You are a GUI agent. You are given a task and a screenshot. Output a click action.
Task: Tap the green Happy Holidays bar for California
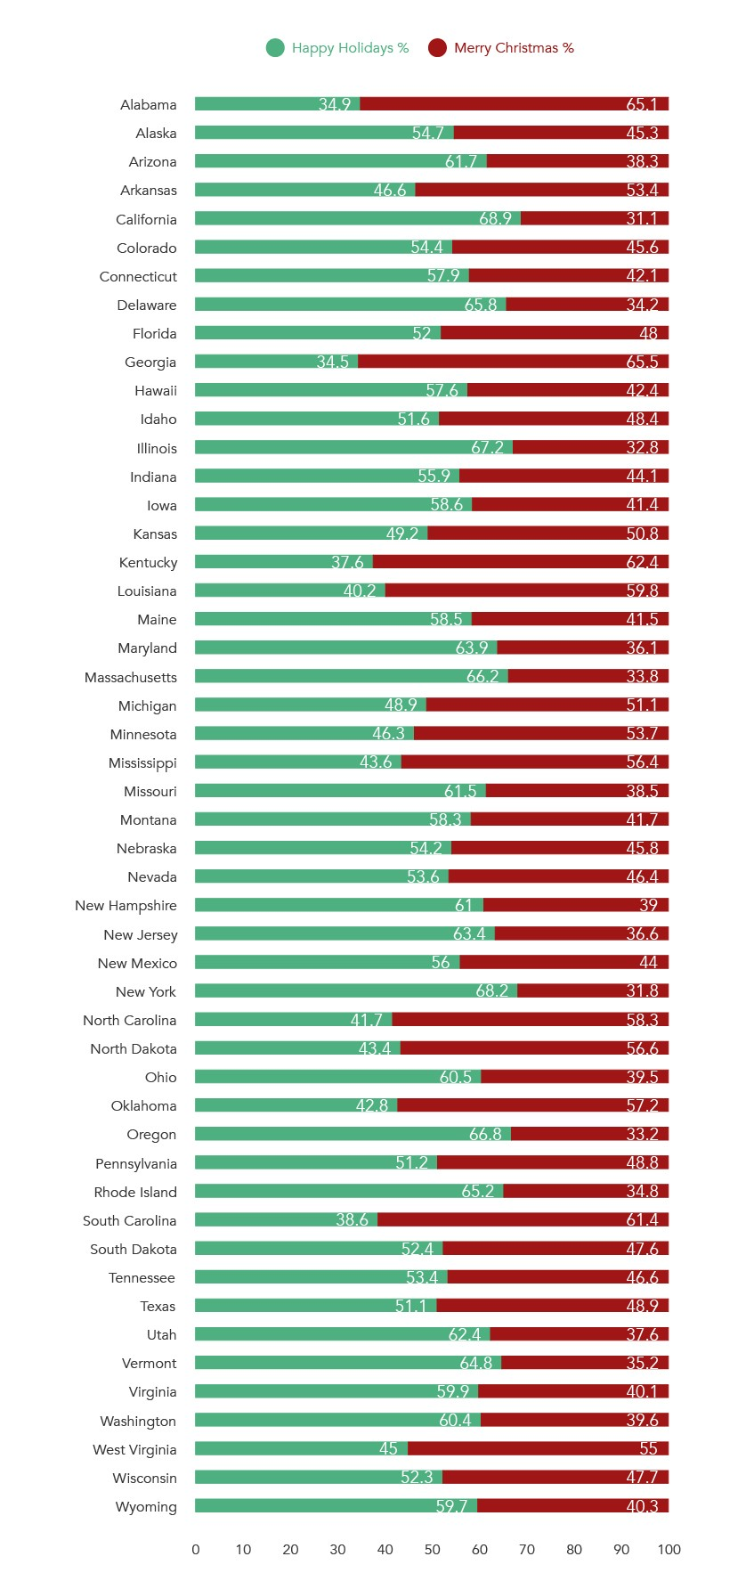[356, 218]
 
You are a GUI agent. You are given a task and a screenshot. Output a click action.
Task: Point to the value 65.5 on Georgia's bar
[642, 362]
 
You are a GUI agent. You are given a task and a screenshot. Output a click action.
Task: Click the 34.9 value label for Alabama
[335, 104]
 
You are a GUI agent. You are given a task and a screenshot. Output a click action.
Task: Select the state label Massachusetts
[131, 678]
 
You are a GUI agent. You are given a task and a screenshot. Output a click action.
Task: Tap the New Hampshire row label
[126, 906]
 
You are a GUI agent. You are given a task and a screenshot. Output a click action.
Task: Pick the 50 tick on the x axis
[433, 1550]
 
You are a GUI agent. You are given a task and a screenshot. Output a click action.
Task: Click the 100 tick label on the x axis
[669, 1550]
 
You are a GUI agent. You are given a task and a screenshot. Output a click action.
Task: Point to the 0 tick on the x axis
[196, 1550]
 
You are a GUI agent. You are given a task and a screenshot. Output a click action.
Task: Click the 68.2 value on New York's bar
[491, 991]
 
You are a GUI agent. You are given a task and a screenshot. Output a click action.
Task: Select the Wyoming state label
[146, 1507]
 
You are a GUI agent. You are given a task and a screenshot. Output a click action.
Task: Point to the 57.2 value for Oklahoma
[642, 1105]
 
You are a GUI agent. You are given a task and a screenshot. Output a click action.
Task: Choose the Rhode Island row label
[135, 1193]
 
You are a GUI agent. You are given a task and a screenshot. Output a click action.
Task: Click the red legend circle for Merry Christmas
[437, 48]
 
